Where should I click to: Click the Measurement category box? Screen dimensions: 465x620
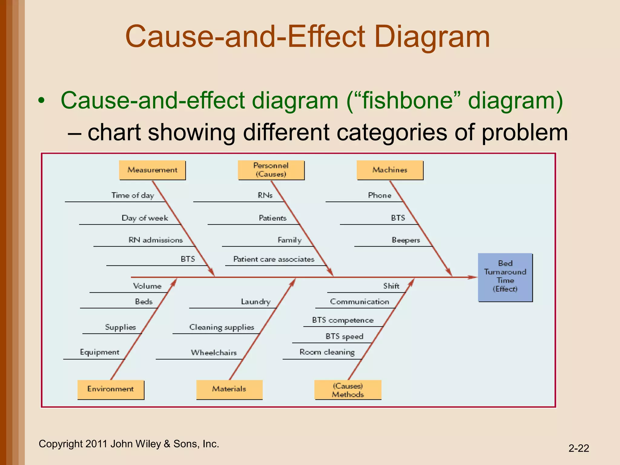click(152, 170)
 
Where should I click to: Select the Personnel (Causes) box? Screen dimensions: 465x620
click(271, 170)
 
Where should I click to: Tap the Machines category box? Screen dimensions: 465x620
click(390, 170)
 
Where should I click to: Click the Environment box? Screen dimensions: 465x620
click(110, 389)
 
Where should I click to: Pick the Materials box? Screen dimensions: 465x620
click(229, 389)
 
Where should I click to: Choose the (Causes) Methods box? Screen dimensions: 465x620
click(348, 390)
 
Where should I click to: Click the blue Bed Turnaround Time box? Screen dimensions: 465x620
click(505, 277)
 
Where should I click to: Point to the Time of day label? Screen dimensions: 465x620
click(133, 196)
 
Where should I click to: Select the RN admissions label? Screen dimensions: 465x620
click(156, 240)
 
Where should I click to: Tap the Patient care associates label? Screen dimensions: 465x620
click(274, 259)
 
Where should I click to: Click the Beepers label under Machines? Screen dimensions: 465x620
click(406, 240)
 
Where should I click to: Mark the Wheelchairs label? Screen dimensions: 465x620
click(214, 353)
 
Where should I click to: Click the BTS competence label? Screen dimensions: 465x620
click(343, 320)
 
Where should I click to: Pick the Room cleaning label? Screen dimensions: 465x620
click(327, 352)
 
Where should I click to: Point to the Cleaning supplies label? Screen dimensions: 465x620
click(222, 328)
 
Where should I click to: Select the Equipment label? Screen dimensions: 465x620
click(100, 352)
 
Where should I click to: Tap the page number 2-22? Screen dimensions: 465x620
click(579, 448)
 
